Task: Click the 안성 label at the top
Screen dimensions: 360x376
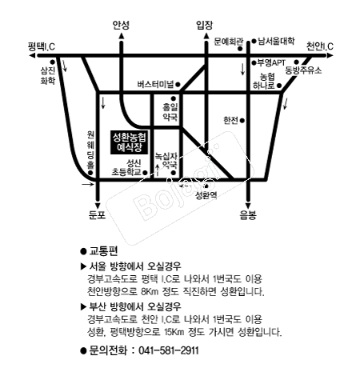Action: click(x=121, y=25)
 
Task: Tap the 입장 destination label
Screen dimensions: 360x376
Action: click(x=205, y=25)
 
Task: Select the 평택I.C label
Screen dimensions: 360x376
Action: click(x=42, y=46)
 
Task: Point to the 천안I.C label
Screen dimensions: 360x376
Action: click(x=319, y=46)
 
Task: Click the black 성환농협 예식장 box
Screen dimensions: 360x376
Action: click(x=130, y=142)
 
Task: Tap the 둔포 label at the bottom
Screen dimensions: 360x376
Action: click(x=97, y=214)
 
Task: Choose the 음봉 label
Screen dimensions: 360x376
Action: click(x=248, y=214)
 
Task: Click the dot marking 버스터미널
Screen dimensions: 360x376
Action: click(x=178, y=85)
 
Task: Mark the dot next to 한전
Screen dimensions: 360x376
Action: click(x=242, y=121)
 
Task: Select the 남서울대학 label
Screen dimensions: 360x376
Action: click(x=277, y=41)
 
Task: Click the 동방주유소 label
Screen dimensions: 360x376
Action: click(x=303, y=70)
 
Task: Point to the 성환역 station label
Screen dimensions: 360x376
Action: click(x=206, y=195)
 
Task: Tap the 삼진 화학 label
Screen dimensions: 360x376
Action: click(x=48, y=75)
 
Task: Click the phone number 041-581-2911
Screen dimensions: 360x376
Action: click(x=169, y=350)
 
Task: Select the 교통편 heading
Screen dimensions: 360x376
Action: click(x=103, y=251)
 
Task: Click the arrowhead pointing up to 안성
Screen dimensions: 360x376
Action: click(x=122, y=36)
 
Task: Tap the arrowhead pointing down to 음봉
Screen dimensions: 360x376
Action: click(x=248, y=206)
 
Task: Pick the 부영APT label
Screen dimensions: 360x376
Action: click(x=271, y=63)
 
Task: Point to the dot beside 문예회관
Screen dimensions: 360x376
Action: click(x=240, y=49)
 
